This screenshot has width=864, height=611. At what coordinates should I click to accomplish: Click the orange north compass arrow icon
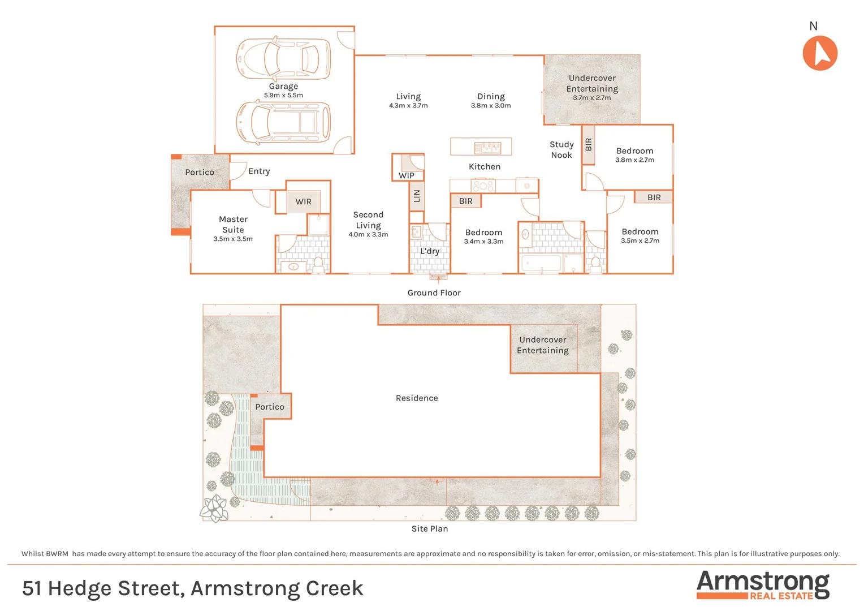coord(820,53)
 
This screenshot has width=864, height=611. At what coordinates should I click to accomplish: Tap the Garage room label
coord(283,87)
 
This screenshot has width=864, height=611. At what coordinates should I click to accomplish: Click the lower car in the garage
coord(283,122)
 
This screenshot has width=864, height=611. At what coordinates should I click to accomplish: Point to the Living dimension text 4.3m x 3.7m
coord(408,106)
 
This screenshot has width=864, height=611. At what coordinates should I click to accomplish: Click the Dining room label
coord(491,97)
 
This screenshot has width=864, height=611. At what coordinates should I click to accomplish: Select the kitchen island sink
coord(487,148)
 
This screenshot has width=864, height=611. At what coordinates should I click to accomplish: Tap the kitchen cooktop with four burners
coord(483,186)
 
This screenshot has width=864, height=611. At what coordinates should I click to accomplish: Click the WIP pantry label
coord(407,175)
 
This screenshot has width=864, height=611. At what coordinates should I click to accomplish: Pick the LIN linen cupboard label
coord(417,196)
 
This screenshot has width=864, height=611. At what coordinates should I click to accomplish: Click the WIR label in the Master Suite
coord(304,202)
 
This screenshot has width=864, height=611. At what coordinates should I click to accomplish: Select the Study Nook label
coord(561,150)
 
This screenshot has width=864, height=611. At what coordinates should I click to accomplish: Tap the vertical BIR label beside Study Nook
coord(589,145)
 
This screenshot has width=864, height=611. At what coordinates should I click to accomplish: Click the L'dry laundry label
coord(430,251)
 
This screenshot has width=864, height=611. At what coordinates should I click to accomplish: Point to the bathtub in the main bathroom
coord(541,264)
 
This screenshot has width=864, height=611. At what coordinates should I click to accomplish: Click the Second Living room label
coord(368,220)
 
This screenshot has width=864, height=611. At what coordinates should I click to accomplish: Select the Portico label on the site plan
coord(270,407)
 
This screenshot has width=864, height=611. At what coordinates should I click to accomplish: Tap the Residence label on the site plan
coord(417,398)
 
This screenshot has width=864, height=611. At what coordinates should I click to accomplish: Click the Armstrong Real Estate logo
coord(763,584)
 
